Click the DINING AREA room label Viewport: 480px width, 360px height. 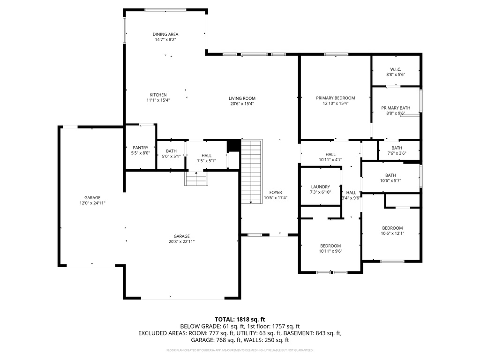[x=165, y=34]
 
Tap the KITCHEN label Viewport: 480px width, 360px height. [x=158, y=95]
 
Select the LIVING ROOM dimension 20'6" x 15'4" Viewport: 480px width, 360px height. [x=242, y=104]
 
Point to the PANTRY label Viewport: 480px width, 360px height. [x=141, y=148]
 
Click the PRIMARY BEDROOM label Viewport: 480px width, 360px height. [x=335, y=98]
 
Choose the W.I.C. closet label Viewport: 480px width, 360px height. [x=396, y=69]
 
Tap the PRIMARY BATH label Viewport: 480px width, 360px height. [x=395, y=108]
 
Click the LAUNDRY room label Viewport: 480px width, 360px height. [x=320, y=187]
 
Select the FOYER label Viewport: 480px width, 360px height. [x=276, y=192]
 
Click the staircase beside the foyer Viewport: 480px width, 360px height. [x=251, y=172]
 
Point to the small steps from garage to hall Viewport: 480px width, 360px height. [x=196, y=179]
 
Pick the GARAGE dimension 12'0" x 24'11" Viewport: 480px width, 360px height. [x=92, y=203]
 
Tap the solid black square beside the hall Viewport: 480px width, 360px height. [x=233, y=146]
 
